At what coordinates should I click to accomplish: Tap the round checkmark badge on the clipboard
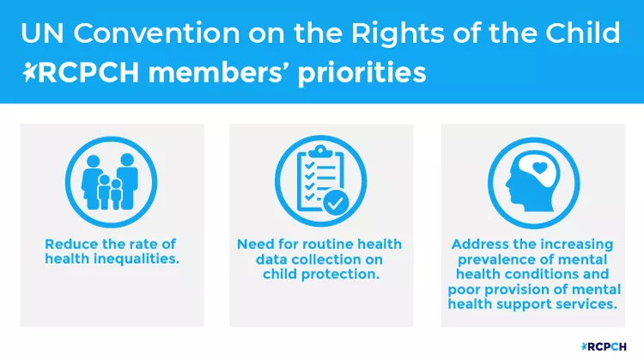point(337,204)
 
